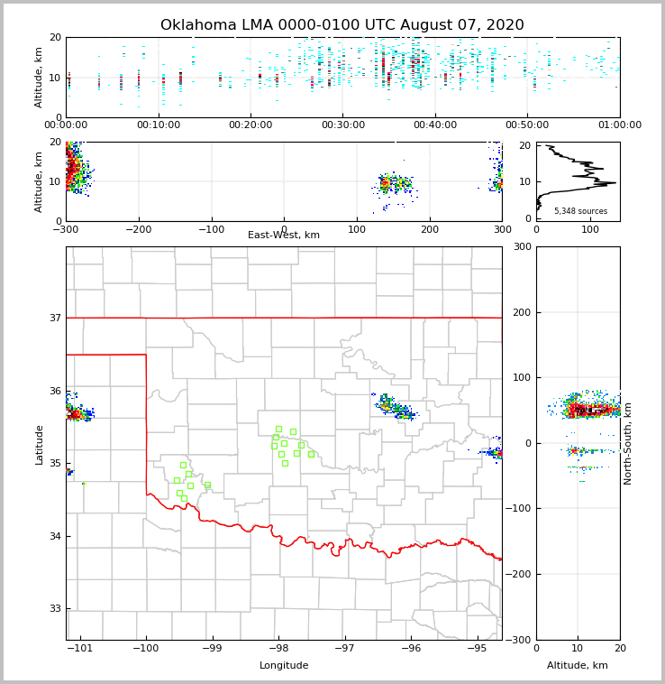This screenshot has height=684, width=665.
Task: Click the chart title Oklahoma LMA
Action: tap(342, 25)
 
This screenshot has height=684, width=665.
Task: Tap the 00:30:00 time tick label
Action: tap(342, 125)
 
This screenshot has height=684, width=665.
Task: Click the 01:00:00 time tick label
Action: tap(619, 125)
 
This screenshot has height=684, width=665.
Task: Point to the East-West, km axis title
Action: tap(284, 236)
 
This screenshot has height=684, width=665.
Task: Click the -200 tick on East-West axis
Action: tap(138, 230)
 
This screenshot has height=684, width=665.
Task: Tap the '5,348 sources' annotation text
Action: tap(580, 211)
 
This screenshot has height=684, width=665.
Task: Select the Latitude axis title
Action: tap(40, 444)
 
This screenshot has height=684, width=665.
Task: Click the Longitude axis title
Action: tap(284, 666)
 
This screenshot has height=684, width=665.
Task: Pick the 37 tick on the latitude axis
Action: tap(54, 318)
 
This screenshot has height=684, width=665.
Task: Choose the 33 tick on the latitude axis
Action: tap(54, 608)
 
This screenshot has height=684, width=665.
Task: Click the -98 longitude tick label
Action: tap(278, 649)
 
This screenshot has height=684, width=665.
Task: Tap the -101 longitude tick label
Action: tap(79, 649)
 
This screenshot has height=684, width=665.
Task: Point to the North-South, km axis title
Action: tap(628, 443)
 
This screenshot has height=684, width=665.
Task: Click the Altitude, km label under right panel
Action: tap(578, 666)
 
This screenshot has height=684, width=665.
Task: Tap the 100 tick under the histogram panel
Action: tap(590, 230)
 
